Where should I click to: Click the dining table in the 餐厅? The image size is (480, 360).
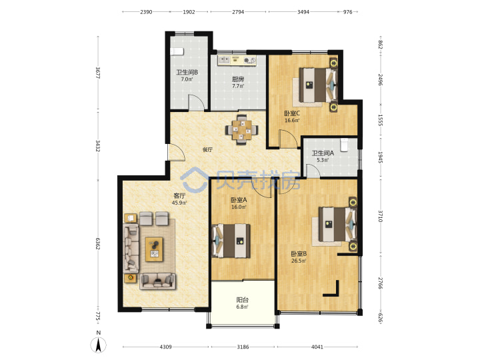[242, 130]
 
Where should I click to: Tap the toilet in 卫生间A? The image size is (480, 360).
[345, 145]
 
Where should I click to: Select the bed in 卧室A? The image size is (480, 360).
[231, 241]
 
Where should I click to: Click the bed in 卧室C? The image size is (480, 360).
[319, 85]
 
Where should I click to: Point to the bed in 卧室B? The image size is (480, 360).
[337, 225]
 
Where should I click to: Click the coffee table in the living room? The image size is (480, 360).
[154, 249]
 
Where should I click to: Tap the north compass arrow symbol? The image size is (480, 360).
[98, 345]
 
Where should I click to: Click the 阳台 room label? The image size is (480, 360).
[242, 300]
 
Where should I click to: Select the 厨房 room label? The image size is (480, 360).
[238, 79]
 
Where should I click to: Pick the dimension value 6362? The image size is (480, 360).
[97, 243]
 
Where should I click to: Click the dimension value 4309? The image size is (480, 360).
[165, 347]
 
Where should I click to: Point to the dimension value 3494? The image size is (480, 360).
[303, 12]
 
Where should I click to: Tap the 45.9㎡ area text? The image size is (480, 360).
[179, 203]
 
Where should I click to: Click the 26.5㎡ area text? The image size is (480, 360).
[299, 261]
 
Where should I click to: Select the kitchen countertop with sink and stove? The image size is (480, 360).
[237, 60]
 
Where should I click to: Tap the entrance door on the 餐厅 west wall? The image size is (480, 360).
[175, 152]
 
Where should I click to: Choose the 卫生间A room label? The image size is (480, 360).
[323, 153]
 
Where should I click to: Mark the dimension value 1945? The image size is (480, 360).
[380, 157]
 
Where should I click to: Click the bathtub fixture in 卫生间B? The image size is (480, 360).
[177, 51]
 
